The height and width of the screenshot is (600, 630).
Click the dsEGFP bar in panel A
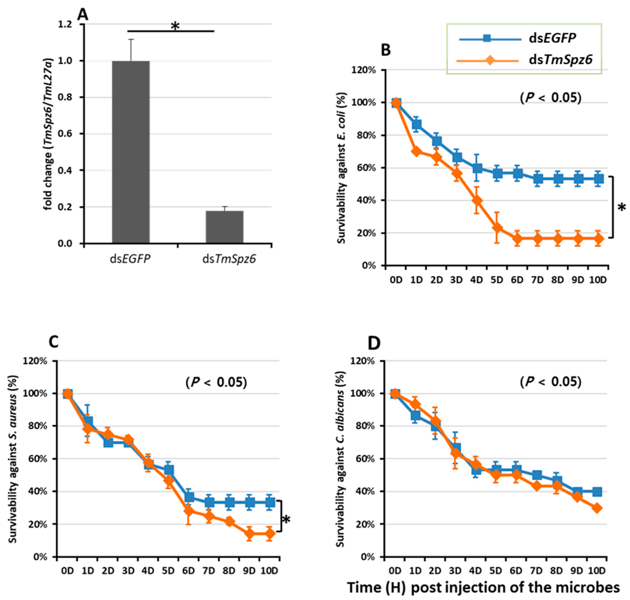click(x=131, y=152)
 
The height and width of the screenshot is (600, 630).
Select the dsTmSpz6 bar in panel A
click(x=224, y=227)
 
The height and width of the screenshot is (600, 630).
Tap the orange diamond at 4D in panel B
click(x=477, y=201)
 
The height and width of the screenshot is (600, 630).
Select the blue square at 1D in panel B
click(x=416, y=124)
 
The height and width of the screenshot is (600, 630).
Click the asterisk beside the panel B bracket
click(x=622, y=208)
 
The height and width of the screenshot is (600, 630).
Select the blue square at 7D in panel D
click(x=537, y=475)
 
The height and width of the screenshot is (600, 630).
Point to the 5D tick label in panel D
click(x=496, y=571)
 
